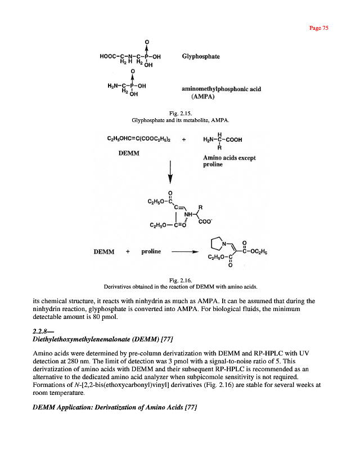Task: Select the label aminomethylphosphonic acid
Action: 221,89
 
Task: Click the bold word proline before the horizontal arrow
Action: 151,251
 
